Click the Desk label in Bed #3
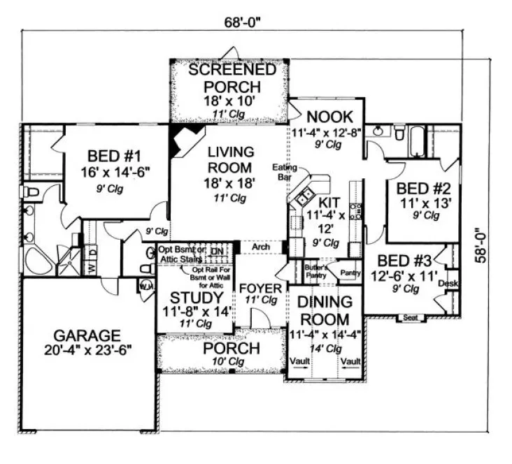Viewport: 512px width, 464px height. coord(447,284)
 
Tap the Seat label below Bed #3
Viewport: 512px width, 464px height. coord(409,318)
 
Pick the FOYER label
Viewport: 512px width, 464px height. coord(260,288)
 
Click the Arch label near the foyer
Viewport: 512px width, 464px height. coord(260,247)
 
